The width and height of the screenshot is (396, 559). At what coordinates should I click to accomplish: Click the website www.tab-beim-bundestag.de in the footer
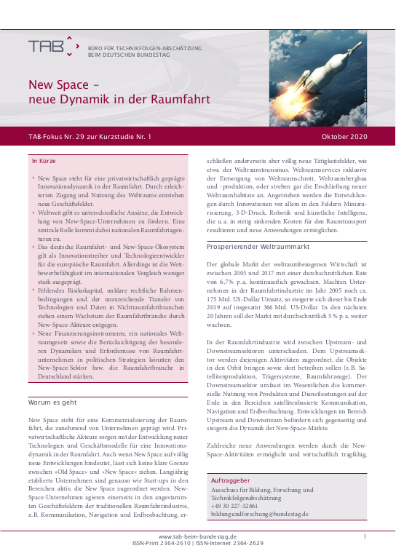point(197,536)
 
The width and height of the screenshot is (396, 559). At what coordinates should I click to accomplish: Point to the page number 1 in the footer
point(364,536)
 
